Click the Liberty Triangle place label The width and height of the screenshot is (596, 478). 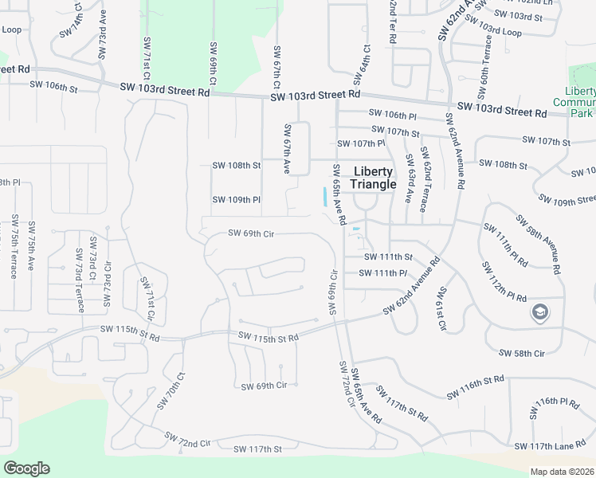373,178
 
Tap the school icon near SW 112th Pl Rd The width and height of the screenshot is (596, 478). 540,312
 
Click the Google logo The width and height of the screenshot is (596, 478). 26,468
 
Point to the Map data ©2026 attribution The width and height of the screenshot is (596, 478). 562,472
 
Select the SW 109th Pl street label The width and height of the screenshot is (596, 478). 237,199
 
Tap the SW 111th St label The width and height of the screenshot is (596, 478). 388,257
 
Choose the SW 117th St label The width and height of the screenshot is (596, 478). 257,449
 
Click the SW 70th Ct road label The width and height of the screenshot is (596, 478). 171,390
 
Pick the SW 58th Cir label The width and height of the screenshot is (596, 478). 521,352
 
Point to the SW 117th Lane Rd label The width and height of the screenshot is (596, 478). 549,446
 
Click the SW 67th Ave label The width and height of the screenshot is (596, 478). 287,149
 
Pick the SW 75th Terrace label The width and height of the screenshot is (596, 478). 14,246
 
